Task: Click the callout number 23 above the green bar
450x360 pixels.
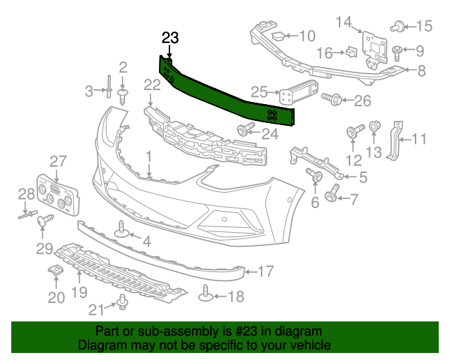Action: point(170,38)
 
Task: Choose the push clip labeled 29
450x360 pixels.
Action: point(49,221)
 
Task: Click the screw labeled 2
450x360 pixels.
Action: point(124,94)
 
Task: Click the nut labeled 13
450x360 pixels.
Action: point(374,127)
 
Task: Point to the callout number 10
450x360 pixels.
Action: point(307,36)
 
